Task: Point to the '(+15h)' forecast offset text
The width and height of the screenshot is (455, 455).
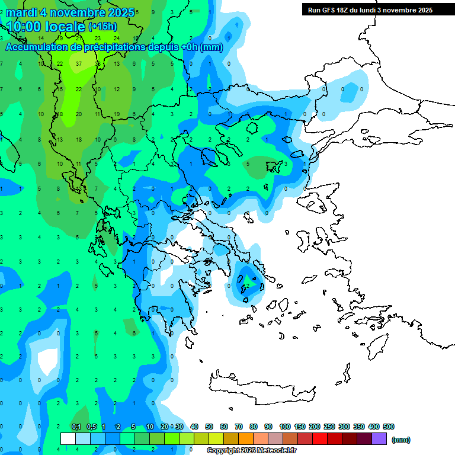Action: pyautogui.click(x=102, y=27)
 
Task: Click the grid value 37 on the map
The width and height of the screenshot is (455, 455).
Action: pyautogui.click(x=79, y=64)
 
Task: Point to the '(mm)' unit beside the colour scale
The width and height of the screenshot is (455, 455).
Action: pyautogui.click(x=401, y=440)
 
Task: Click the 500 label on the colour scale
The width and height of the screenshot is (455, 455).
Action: pyautogui.click(x=389, y=427)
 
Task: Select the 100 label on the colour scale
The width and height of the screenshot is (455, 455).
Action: pyautogui.click(x=285, y=427)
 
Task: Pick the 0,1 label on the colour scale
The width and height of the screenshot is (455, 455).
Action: pyautogui.click(x=76, y=427)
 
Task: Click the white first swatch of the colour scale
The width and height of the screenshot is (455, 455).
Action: pyautogui.click(x=68, y=439)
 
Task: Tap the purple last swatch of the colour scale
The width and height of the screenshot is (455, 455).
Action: pyautogui.click(x=379, y=439)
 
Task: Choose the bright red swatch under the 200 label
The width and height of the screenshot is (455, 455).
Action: pyautogui.click(x=320, y=439)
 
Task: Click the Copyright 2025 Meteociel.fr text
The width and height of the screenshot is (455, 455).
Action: pyautogui.click(x=251, y=451)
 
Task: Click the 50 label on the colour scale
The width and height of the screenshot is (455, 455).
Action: pyautogui.click(x=209, y=427)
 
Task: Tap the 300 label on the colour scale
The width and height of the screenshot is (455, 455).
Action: pyautogui.click(x=344, y=427)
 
